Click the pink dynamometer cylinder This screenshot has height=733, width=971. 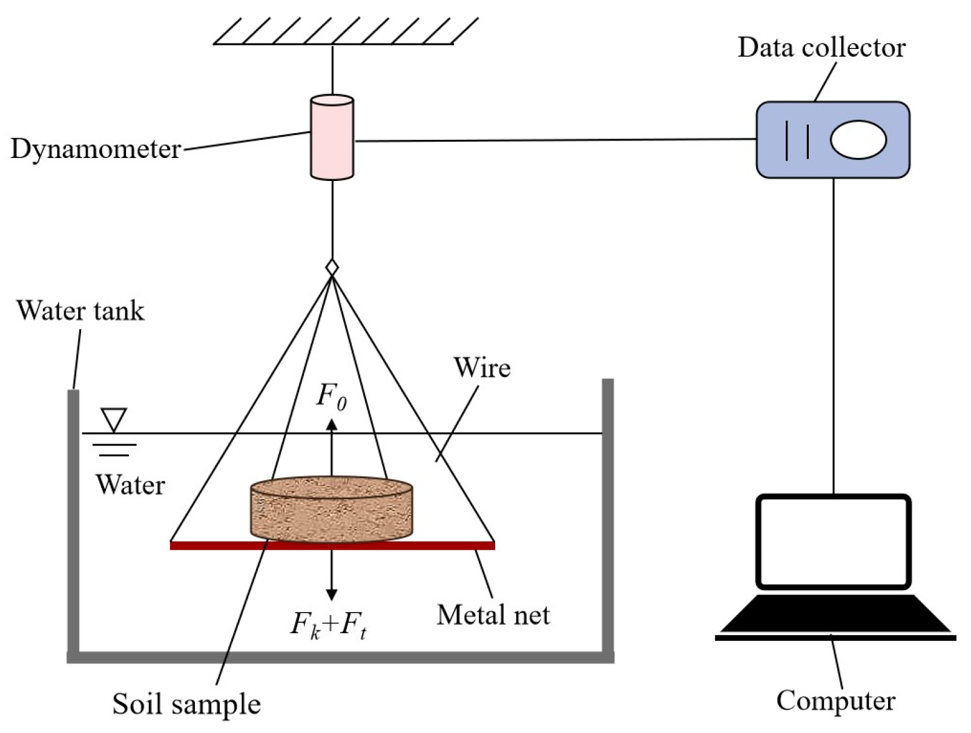pyautogui.click(x=332, y=137)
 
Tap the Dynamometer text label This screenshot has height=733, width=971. pyautogui.click(x=96, y=149)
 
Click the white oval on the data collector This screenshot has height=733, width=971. pyautogui.click(x=858, y=140)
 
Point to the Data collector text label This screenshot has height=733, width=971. pyautogui.click(x=821, y=48)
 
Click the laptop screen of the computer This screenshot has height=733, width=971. pyautogui.click(x=833, y=541)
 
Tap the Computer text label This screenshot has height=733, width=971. pyautogui.click(x=835, y=700)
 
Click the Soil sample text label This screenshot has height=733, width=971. pyautogui.click(x=186, y=704)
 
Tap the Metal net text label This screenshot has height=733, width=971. pyautogui.click(x=493, y=615)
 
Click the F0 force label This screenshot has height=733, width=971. pyautogui.click(x=332, y=396)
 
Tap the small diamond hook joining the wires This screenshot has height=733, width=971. pyautogui.click(x=332, y=267)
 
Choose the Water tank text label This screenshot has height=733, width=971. pyautogui.click(x=80, y=311)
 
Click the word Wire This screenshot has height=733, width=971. pyautogui.click(x=482, y=367)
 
